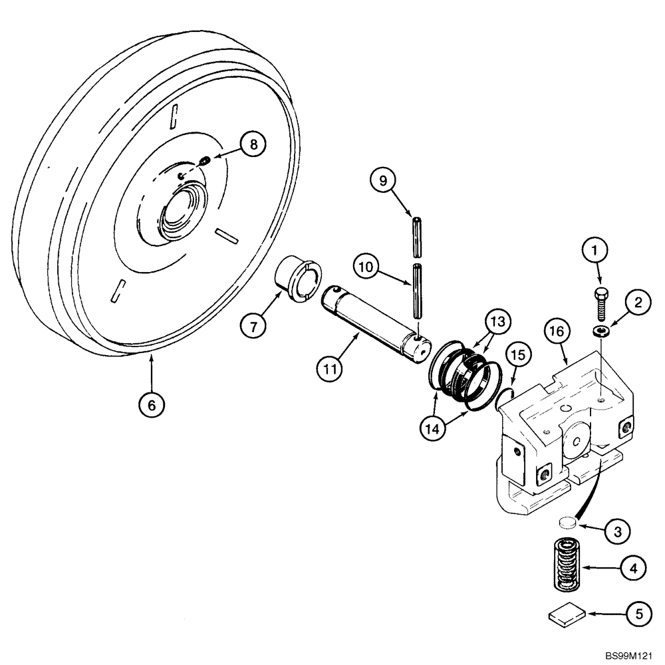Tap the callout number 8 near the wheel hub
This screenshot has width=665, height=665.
(x=253, y=144)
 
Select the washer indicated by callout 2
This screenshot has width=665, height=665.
(x=601, y=331)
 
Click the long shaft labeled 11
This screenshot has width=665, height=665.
(x=372, y=319)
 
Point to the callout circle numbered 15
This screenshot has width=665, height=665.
(x=521, y=356)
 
